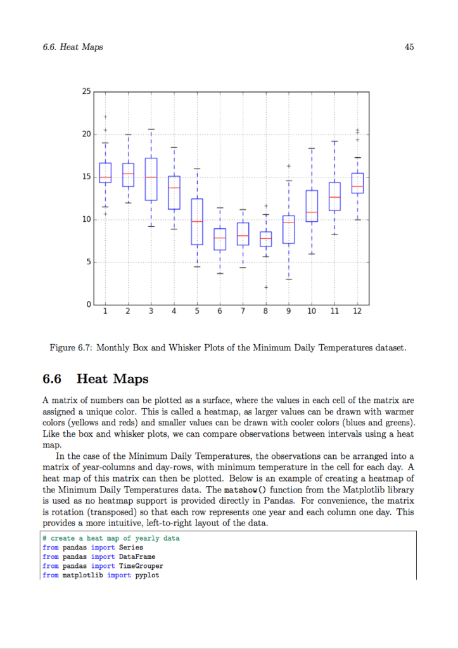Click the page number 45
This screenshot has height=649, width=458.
pos(409,47)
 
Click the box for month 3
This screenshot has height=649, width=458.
pos(151,179)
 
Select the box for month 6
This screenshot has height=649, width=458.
pos(219,239)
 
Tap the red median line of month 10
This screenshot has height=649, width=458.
pos(312,212)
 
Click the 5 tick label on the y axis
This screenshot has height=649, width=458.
pos(87,262)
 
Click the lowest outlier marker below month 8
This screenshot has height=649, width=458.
pos(266,287)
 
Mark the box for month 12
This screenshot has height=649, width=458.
pos(357,183)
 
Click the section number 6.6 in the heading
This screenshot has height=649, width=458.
pos(52,379)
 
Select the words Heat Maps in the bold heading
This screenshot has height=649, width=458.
pos(112,379)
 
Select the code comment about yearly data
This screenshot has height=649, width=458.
pos(111,538)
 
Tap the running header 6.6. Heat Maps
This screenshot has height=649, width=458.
pos(73,47)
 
